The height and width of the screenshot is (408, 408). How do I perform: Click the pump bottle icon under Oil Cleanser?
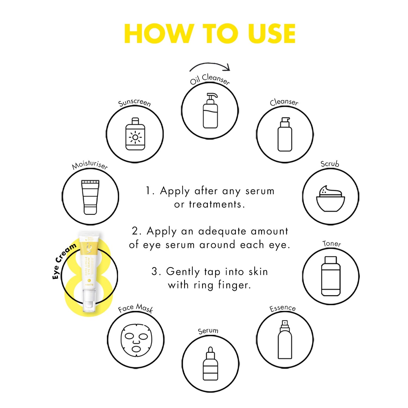(x=210, y=111)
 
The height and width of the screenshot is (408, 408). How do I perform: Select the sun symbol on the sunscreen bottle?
(x=135, y=138)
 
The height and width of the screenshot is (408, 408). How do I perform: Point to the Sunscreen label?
(x=134, y=102)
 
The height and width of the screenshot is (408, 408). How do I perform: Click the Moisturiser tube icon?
(x=90, y=197)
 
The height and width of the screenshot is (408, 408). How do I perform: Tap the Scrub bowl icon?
(x=331, y=198)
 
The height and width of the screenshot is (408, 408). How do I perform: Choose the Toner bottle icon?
(x=331, y=276)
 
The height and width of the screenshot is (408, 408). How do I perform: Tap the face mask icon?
(x=136, y=340)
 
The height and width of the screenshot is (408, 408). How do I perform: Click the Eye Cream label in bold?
(x=64, y=261)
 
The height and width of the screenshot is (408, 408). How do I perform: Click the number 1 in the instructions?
(x=148, y=191)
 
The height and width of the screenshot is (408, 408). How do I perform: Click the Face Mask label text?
(x=136, y=308)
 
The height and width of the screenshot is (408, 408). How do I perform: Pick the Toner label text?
(x=332, y=243)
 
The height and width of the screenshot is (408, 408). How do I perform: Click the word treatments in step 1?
(x=215, y=204)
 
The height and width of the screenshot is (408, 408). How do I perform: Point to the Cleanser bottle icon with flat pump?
(x=285, y=134)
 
